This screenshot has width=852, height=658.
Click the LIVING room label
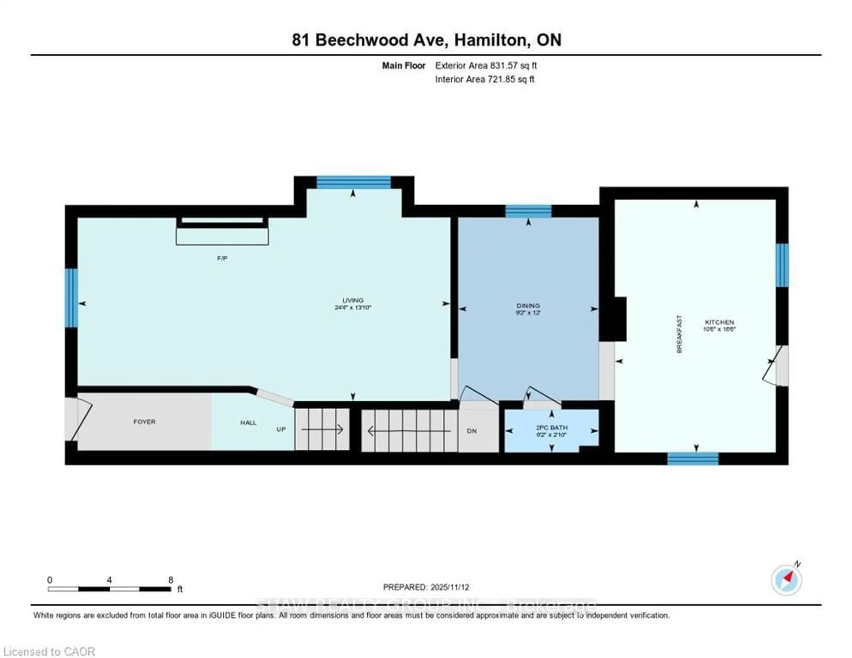pos(353,300)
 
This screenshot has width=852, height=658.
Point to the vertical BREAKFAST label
pos(679,334)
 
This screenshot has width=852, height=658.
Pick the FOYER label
pos(144,422)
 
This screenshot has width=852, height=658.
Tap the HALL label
pos(248,422)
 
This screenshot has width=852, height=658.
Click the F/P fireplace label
pos(222,258)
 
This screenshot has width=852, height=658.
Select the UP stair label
pos(281,429)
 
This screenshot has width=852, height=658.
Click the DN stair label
pos(472,431)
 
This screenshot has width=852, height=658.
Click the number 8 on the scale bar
pos(170,580)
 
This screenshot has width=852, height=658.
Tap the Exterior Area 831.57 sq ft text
pos(486,65)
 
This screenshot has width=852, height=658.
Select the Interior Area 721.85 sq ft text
pos(485,79)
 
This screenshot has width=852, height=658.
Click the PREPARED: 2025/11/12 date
pos(426,587)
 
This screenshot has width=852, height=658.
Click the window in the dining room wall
pos(528,211)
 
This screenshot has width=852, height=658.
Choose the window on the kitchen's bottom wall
pos(693,459)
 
